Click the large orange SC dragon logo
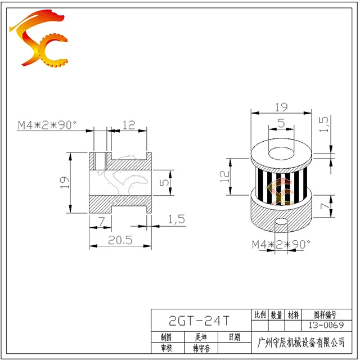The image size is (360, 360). click(39, 38)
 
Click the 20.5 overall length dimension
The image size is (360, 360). click(120, 240)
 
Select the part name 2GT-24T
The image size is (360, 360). click(199, 321)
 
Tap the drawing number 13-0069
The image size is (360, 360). click(326, 325)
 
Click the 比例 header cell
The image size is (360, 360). click(260, 314)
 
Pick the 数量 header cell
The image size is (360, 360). click(276, 315)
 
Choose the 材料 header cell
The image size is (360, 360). click(293, 315)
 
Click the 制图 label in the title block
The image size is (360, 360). click(166, 337)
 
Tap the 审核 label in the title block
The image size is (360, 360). click(166, 348)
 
